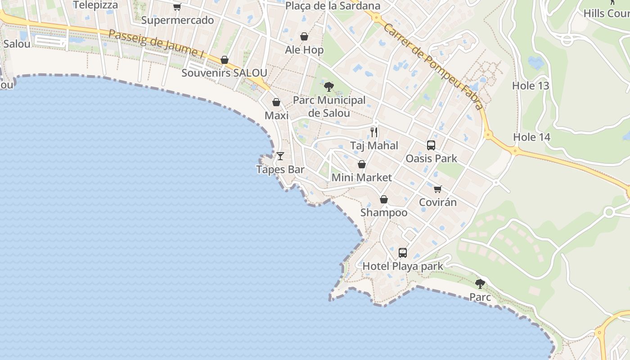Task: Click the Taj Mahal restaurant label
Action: coord(374,145)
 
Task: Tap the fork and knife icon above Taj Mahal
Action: coord(374,132)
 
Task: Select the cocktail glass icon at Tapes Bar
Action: coord(280,156)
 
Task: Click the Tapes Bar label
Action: coord(280,170)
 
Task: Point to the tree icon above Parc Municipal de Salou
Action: coord(329,86)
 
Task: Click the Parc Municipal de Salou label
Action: coord(329,106)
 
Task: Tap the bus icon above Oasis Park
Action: coord(431,145)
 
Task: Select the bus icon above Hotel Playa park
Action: coord(403,253)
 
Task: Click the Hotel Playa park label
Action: coord(403,266)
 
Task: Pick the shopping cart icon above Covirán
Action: coord(438,189)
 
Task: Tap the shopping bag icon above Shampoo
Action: coord(384,199)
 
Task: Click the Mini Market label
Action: coord(361,177)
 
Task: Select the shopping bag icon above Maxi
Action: coord(276,103)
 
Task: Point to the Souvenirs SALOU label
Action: coord(224,72)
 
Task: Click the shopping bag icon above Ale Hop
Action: coord(304,37)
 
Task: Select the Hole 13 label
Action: coord(531,85)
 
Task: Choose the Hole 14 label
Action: coord(532,137)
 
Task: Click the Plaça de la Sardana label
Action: coord(333,6)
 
